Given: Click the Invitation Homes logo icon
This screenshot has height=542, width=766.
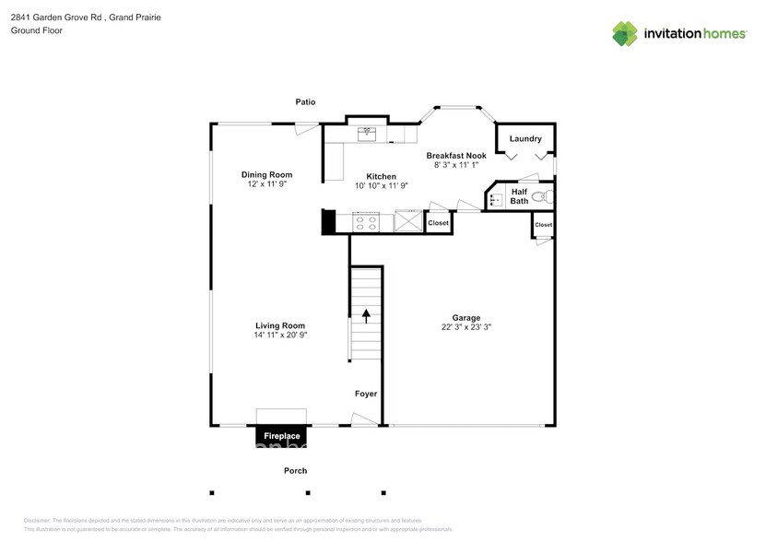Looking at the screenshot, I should pyautogui.click(x=625, y=33).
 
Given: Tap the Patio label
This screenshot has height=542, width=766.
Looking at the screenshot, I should pyautogui.click(x=305, y=101).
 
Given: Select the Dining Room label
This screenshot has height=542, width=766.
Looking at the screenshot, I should pyautogui.click(x=266, y=174).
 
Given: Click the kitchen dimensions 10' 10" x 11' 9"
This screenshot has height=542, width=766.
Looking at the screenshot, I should pyautogui.click(x=382, y=185).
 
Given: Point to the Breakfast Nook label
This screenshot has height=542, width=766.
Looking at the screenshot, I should pyautogui.click(x=455, y=156).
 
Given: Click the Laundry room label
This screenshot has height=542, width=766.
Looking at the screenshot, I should pyautogui.click(x=525, y=139).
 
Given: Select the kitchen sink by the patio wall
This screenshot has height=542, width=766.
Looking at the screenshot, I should pyautogui.click(x=367, y=132).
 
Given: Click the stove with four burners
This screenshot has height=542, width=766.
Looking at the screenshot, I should pyautogui.click(x=366, y=221).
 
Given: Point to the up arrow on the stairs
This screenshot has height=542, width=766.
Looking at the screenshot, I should pyautogui.click(x=365, y=315).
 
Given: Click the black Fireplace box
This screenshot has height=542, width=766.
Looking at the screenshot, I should pyautogui.click(x=282, y=435).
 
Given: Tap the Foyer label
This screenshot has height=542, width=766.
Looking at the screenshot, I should pyautogui.click(x=366, y=394).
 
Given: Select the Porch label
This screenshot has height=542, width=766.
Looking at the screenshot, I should pyautogui.click(x=295, y=470).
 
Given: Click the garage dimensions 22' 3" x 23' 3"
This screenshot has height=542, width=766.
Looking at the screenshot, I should pyautogui.click(x=465, y=327).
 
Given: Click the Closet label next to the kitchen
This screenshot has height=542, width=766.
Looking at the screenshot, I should pyautogui.click(x=438, y=223).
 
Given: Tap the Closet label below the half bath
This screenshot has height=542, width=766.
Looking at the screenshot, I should pyautogui.click(x=544, y=225).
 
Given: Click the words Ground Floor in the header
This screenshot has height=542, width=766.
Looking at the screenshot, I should pyautogui.click(x=36, y=30).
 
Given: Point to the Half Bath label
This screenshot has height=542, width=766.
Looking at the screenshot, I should pyautogui.click(x=519, y=196).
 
